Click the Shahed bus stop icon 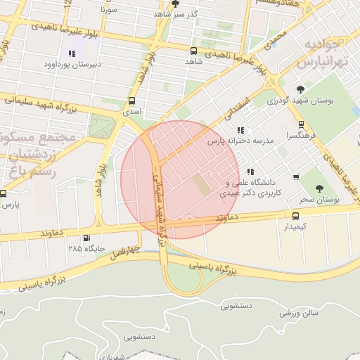click(x=193, y=51)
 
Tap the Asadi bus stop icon click(x=132, y=101)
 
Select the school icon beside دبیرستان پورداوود click(x=71, y=53)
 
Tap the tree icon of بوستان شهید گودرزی click(x=301, y=89)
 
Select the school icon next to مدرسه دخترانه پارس click(x=241, y=130)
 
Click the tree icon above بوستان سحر click(x=319, y=188)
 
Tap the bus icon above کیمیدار click(x=295, y=216)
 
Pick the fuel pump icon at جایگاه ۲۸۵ click(x=86, y=238)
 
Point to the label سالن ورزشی click(x=300, y=312)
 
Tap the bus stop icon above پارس click(x=3, y=193)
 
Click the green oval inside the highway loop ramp click(x=184, y=279)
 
